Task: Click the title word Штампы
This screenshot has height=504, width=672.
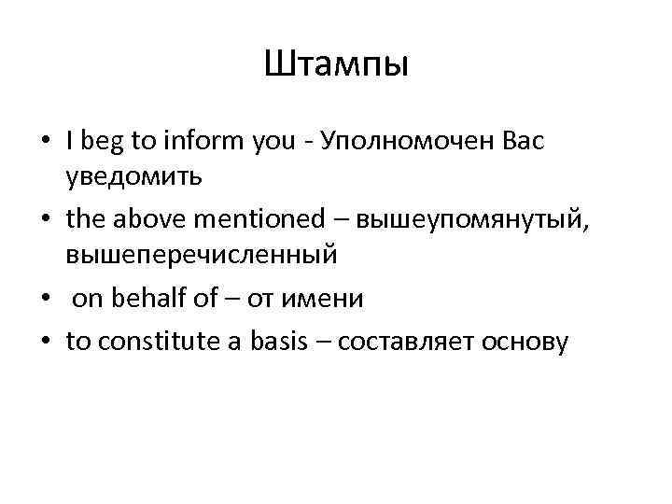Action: coord(336,65)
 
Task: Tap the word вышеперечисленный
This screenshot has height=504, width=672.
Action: coord(201,255)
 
